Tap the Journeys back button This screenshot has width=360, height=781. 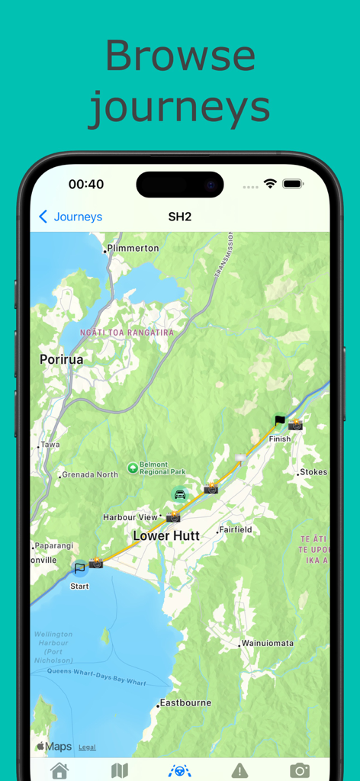click(70, 217)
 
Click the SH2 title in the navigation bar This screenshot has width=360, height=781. click(179, 217)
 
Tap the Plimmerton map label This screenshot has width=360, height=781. click(133, 248)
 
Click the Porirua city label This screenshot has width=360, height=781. click(62, 358)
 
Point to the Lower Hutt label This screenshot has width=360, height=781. click(166, 535)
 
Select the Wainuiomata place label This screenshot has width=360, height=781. click(267, 643)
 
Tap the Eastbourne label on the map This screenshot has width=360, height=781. click(185, 702)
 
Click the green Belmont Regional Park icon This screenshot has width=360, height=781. click(133, 468)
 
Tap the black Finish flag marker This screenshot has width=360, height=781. click(280, 420)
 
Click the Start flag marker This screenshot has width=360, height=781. click(79, 567)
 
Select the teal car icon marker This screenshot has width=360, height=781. click(179, 494)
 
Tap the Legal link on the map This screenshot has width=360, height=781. click(87, 747)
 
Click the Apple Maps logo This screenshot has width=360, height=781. click(54, 747)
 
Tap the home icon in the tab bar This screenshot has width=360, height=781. click(59, 770)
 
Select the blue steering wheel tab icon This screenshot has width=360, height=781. click(179, 770)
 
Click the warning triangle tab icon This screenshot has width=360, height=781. click(239, 770)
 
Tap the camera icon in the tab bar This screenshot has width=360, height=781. click(300, 770)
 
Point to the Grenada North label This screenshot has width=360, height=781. click(90, 474)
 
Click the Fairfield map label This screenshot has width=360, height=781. click(236, 529)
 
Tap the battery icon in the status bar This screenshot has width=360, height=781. click(293, 184)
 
